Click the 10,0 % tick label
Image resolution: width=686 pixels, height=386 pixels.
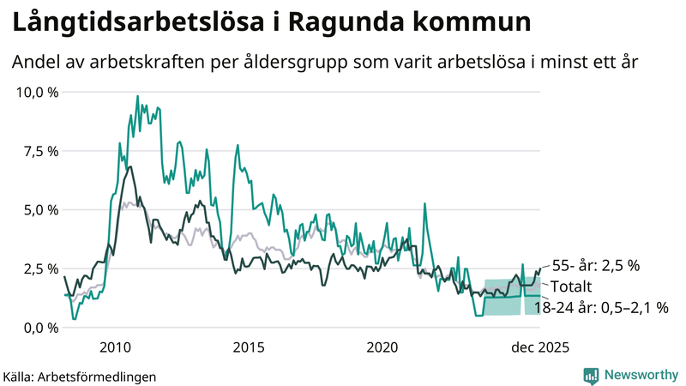coord(37,92)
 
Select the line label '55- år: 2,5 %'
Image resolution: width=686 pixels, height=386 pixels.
coord(595,266)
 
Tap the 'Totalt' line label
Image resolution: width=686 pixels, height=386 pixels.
coord(570,286)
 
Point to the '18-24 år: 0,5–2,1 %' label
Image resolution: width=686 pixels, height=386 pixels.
coord(600,305)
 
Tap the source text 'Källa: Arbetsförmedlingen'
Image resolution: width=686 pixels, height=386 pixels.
coord(80,376)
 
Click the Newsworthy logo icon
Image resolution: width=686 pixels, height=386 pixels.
coord(591,375)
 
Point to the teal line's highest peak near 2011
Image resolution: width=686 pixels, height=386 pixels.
coord(138,96)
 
